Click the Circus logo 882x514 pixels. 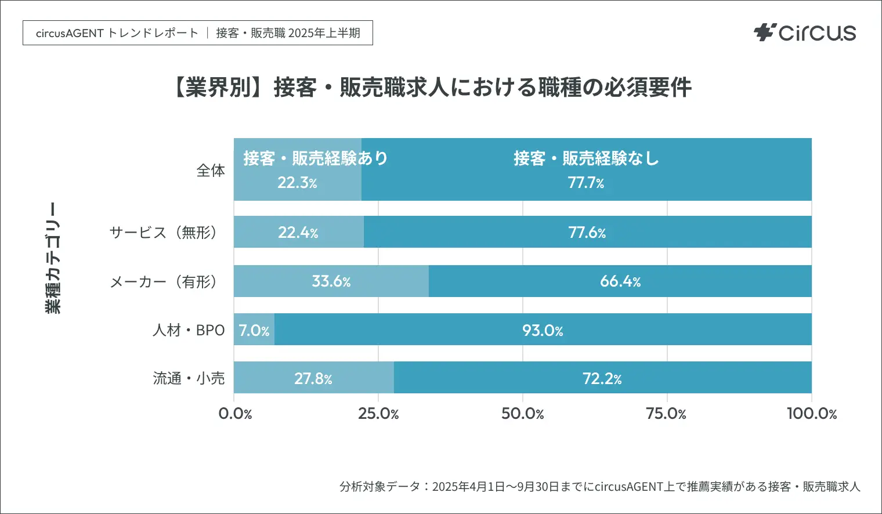pyautogui.click(x=805, y=32)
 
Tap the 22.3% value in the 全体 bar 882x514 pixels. pyautogui.click(x=297, y=183)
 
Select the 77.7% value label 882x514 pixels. pyautogui.click(x=586, y=183)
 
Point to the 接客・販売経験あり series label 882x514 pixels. pyautogui.click(x=315, y=158)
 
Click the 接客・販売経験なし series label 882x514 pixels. pyautogui.click(x=586, y=158)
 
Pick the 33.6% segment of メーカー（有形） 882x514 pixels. pyautogui.click(x=331, y=281)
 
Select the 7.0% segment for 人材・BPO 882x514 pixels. pyautogui.click(x=254, y=330)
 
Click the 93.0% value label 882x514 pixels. pyautogui.click(x=543, y=330)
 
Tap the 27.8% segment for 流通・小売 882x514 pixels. pyautogui.click(x=313, y=378)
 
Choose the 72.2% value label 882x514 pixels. pyautogui.click(x=602, y=378)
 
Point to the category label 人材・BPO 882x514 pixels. pyautogui.click(x=189, y=330)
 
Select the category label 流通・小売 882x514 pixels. pyautogui.click(x=189, y=378)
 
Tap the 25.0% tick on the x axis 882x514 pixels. pyautogui.click(x=378, y=414)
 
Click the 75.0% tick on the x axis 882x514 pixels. pyautogui.click(x=666, y=414)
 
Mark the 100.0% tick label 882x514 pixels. pyautogui.click(x=811, y=414)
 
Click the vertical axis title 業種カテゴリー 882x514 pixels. pyautogui.click(x=53, y=258)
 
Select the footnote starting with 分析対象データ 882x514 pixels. pyautogui.click(x=599, y=486)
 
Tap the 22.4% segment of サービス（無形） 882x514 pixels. pyautogui.click(x=298, y=233)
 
